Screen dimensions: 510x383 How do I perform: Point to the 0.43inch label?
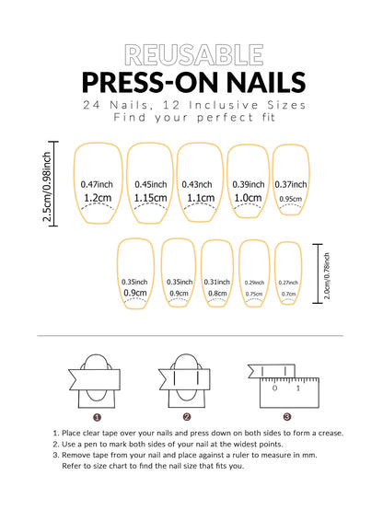197,183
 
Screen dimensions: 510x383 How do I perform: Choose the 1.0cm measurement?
247,197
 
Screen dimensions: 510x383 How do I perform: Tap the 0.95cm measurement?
290,199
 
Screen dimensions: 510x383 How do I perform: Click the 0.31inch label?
217,282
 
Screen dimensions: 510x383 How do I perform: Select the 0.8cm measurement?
217,294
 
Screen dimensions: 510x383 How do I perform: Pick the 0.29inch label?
253,283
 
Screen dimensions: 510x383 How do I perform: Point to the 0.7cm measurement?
288,295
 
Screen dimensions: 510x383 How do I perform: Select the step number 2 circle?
187,416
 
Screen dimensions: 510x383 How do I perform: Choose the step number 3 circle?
286,416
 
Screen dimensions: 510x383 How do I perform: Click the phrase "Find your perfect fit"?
191,118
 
